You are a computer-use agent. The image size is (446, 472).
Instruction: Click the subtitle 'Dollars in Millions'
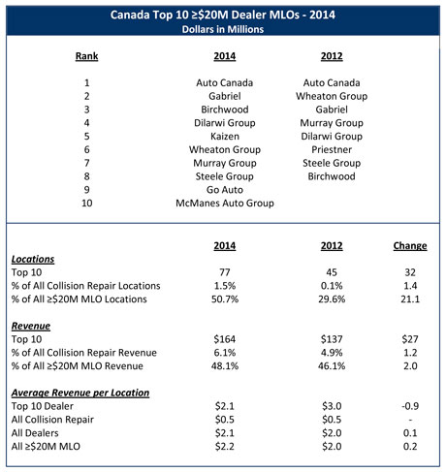tap(222, 29)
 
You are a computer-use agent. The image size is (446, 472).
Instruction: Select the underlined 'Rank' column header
tap(87, 57)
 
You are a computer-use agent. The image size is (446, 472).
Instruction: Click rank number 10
tap(87, 204)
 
